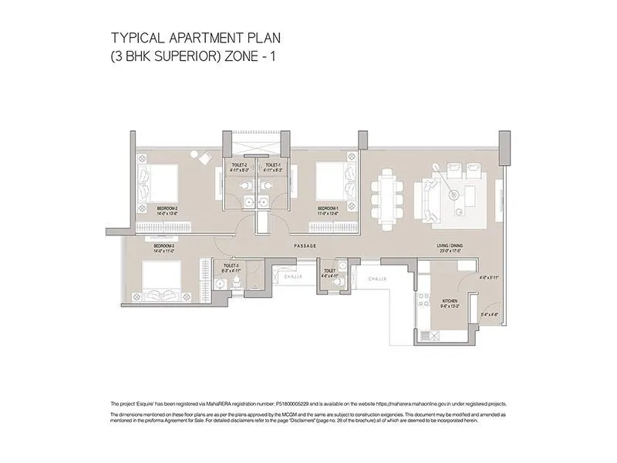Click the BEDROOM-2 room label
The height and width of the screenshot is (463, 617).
(x=167, y=208)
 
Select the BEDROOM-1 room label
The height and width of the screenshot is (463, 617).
(x=329, y=208)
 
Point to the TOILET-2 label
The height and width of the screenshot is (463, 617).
(x=239, y=165)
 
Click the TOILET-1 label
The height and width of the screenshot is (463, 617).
(x=272, y=165)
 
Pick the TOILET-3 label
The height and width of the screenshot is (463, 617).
(x=231, y=265)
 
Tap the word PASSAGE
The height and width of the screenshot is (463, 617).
(x=306, y=245)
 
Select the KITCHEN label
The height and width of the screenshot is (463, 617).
(x=450, y=301)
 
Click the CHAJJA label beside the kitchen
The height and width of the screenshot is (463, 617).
(x=377, y=278)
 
